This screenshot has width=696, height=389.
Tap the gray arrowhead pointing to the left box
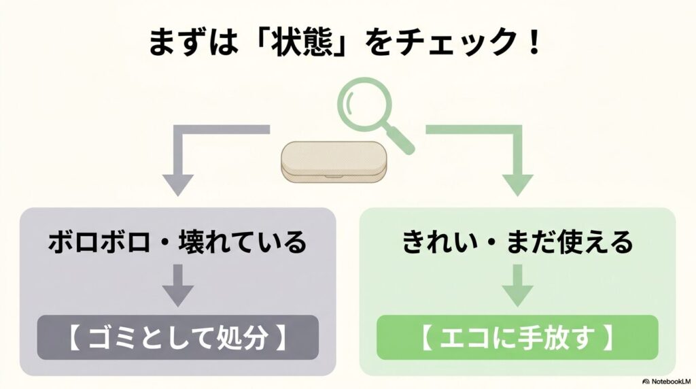[177, 185]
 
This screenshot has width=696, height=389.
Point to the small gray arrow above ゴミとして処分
[177, 284]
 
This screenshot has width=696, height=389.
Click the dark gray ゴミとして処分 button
[177, 337]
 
